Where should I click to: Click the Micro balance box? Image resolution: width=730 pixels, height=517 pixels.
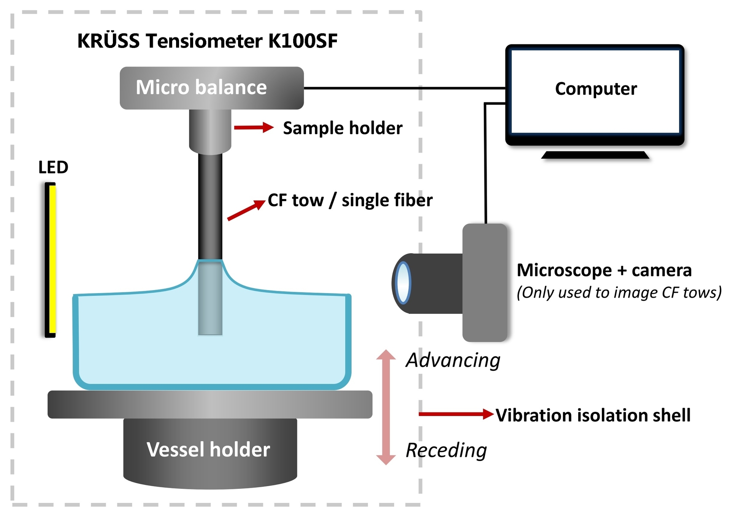pos(211,88)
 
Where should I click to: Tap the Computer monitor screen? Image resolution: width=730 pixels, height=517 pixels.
pos(595,91)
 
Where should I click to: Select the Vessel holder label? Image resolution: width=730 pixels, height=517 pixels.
pos(208,450)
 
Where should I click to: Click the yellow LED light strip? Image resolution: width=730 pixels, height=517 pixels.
pos(53,260)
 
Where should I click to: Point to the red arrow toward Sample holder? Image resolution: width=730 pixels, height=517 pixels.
pos(253,128)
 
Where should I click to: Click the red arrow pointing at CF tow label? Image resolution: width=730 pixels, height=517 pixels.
pos(246,211)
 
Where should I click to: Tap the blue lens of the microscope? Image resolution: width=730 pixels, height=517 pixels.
pos(403,283)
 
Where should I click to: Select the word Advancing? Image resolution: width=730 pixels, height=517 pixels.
pos(453,360)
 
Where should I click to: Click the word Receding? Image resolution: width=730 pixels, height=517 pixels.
pos(446,450)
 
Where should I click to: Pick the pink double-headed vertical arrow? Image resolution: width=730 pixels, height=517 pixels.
pos(386,407)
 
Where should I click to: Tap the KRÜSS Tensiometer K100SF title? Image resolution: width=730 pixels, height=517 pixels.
pos(207,41)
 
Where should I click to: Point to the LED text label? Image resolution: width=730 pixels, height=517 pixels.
pos(53,167)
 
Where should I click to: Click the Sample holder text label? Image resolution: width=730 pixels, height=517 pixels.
pos(343,128)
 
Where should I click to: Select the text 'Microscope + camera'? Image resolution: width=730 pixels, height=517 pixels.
pos(604,270)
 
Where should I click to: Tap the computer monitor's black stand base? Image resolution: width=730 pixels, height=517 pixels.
pos(595,155)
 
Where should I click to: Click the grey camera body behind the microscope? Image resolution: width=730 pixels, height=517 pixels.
pos(485,282)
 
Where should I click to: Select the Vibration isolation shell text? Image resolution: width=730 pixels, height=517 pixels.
pos(593,415)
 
